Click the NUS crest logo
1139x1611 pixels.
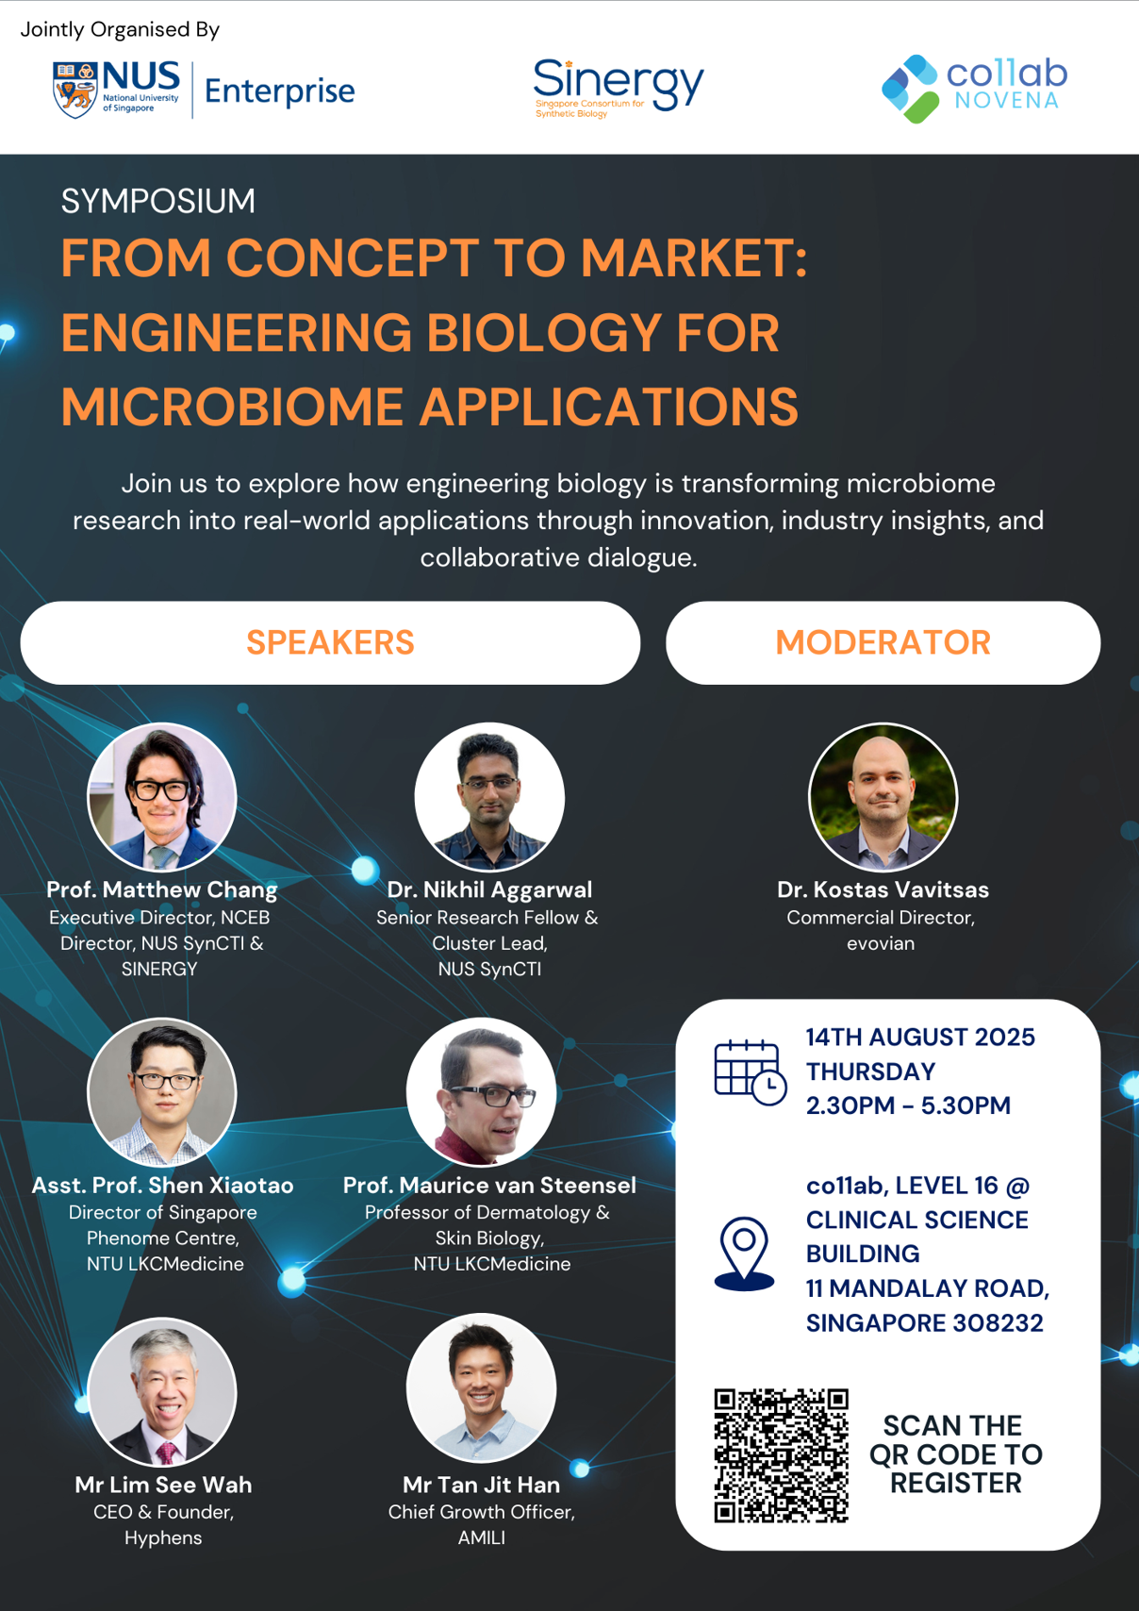(x=74, y=90)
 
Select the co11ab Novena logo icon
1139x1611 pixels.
(x=910, y=89)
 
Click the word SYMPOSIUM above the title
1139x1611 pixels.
(x=158, y=201)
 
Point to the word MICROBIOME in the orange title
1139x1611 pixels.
(x=232, y=407)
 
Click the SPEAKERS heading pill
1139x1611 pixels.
(x=330, y=642)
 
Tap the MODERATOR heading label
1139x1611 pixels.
(x=883, y=642)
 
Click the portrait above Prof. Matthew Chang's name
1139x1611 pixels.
(x=162, y=797)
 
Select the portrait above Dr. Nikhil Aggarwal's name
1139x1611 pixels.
(x=489, y=797)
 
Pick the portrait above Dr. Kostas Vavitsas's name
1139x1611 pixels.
(x=883, y=797)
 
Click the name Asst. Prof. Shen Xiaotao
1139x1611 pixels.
(x=162, y=1186)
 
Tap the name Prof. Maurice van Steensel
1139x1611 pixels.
(x=489, y=1186)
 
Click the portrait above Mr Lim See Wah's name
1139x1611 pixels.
(x=162, y=1391)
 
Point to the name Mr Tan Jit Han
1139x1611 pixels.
(x=481, y=1485)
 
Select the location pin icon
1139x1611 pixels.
(x=744, y=1254)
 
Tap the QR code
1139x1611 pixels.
(x=781, y=1455)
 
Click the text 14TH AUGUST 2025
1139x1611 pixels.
(x=920, y=1038)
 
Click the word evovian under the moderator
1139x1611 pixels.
(x=881, y=943)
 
